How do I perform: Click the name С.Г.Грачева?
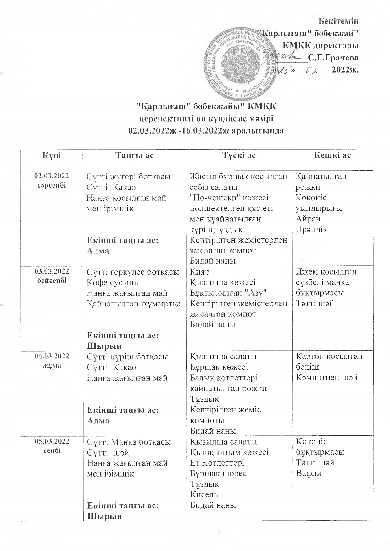click(333, 58)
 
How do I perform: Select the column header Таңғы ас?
click(135, 155)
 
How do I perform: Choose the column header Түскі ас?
click(239, 155)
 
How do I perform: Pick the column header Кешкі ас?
click(332, 155)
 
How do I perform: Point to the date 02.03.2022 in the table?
click(52, 176)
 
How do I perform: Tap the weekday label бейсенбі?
click(52, 281)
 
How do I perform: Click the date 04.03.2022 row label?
click(52, 356)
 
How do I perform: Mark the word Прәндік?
click(311, 229)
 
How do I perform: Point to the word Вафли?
click(309, 473)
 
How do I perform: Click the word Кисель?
click(204, 494)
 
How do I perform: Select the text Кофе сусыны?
click(113, 282)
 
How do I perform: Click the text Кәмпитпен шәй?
click(327, 378)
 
